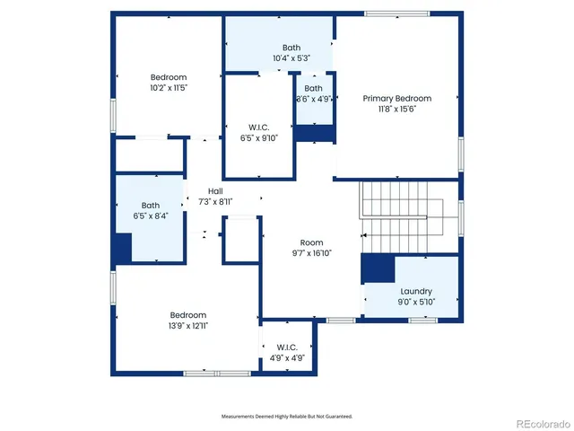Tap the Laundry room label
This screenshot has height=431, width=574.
[416, 291]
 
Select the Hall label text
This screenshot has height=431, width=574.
[215, 191]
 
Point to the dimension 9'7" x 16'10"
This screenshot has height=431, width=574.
[311, 253]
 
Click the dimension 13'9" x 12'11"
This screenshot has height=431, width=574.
[188, 326]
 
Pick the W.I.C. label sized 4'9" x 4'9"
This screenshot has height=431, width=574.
[287, 347]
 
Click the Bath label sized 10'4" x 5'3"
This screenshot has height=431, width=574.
[291, 48]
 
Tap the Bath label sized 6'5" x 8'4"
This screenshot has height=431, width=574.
[150, 205]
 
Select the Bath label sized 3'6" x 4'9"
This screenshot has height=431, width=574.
[313, 88]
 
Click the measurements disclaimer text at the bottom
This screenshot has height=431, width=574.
[287, 416]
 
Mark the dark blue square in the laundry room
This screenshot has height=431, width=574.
[378, 268]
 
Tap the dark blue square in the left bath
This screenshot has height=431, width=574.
[122, 247]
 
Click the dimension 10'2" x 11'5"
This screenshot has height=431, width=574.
[169, 88]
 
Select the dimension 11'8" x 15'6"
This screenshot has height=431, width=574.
[396, 109]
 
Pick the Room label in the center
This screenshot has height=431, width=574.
[311, 242]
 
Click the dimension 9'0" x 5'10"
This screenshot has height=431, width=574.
[416, 302]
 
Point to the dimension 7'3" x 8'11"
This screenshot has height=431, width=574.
[215, 202]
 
